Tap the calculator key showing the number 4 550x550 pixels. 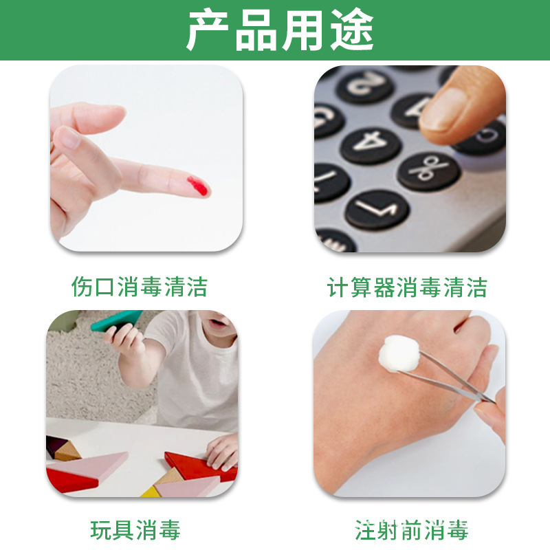(x=371, y=142)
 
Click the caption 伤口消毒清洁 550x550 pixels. (x=140, y=287)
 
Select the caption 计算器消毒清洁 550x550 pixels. (x=407, y=287)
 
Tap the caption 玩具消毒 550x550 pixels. (x=135, y=530)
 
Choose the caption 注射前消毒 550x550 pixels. (x=411, y=530)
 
